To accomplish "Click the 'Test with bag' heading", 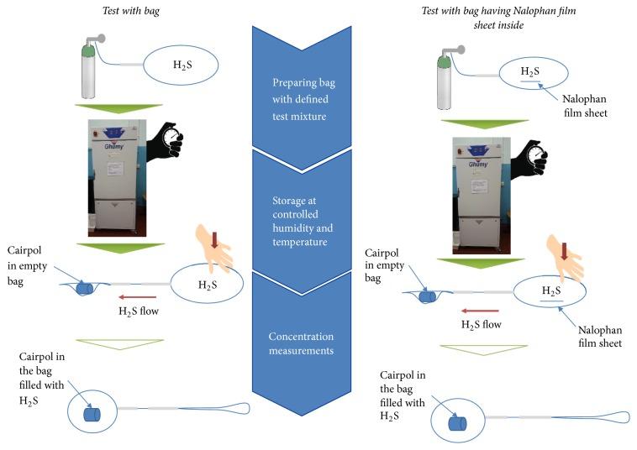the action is pos(131,11).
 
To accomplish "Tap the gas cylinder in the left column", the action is pos(88,70).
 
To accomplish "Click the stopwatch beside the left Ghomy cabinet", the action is pos(171,138).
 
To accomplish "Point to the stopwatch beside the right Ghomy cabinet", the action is pos(536,156).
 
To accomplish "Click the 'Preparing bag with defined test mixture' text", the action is pos(302,99).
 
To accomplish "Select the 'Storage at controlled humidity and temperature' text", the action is pos(303,221).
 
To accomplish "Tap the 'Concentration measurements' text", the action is pos(301,343).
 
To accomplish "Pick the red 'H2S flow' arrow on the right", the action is pos(480,311).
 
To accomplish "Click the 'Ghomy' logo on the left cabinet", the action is pos(113,146).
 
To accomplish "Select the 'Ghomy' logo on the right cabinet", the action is pos(478,165).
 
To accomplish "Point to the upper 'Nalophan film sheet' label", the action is pos(585,106).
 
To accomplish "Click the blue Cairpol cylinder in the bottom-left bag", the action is pos(92,414).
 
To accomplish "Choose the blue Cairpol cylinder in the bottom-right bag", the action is pos(457,423).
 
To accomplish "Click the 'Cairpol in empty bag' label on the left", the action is pos(27,266).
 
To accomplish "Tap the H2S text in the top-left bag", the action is pos(182,65).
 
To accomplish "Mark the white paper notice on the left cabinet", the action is pos(115,169).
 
